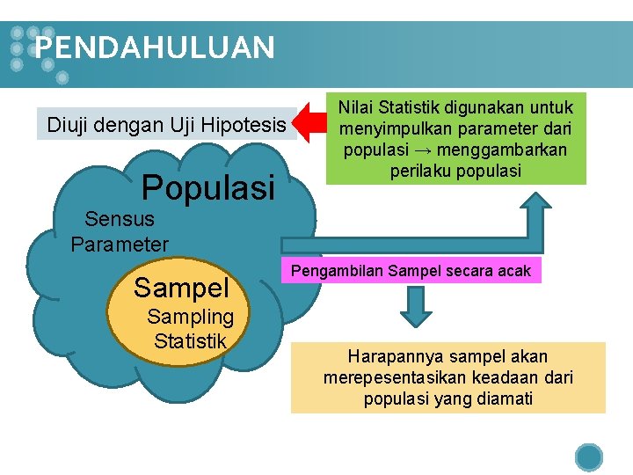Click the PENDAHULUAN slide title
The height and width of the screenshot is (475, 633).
point(156,47)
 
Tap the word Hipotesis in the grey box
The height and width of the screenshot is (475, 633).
point(244,125)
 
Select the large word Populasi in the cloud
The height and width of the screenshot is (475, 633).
point(208,186)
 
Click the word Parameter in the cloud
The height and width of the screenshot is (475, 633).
point(120,243)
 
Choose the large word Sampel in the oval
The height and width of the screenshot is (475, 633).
point(181,287)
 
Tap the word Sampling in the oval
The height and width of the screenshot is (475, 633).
point(191,317)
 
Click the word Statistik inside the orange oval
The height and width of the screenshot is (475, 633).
point(190,341)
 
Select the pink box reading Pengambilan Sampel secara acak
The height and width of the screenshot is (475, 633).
point(411,270)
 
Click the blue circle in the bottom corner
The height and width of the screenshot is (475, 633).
point(589,457)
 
